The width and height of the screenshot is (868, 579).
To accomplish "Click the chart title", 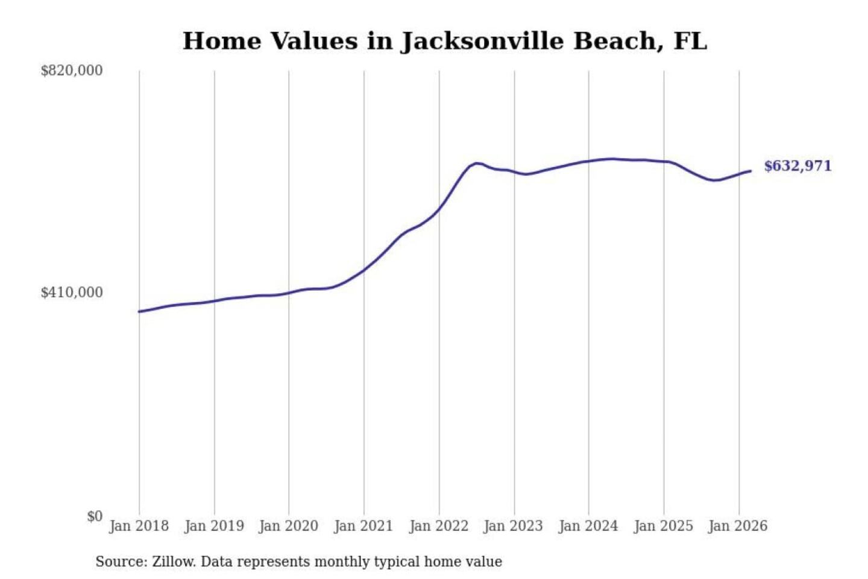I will (x=444, y=41).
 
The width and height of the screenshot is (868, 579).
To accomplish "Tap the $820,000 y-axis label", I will (x=72, y=71).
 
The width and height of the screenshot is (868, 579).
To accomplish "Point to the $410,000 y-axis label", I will (x=72, y=293).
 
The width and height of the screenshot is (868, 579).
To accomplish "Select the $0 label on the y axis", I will (x=95, y=516).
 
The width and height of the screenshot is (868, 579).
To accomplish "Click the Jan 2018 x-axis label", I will (x=139, y=526).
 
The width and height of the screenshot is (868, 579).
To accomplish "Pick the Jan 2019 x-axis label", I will (x=214, y=526).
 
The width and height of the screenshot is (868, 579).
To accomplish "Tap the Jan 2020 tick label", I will (x=289, y=526).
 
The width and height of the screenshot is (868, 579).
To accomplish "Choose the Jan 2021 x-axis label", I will (x=363, y=526).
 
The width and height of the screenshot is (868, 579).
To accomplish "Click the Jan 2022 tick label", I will (x=439, y=526).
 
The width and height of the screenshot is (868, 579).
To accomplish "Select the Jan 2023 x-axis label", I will (x=514, y=526).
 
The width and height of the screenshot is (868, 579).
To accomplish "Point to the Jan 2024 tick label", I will (x=588, y=526).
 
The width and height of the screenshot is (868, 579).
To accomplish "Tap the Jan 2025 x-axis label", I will (x=664, y=526).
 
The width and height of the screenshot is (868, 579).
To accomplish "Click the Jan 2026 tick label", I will (x=738, y=526).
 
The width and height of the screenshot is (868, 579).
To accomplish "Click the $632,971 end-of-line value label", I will (x=797, y=166).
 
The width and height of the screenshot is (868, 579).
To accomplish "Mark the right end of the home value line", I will (x=750, y=171).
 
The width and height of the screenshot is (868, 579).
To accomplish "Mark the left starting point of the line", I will (x=139, y=312).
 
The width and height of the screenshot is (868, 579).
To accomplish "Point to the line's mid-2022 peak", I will (x=477, y=163).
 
